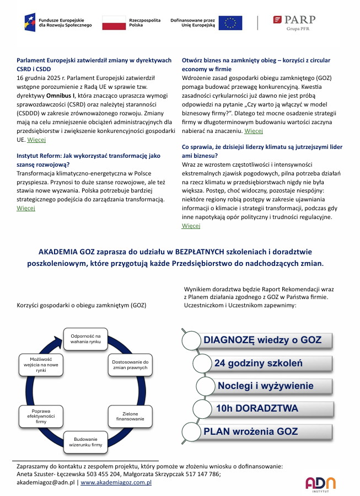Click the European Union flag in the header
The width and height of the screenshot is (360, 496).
pos(230,23)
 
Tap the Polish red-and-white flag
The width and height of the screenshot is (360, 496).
pos(113,23)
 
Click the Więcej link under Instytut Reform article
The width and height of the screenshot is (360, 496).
pos(26,208)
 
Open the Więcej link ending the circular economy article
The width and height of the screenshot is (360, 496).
pos(254,131)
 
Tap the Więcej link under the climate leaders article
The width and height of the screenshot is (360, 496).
pos(191,226)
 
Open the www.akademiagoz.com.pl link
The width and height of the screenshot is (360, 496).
pos(116,482)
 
